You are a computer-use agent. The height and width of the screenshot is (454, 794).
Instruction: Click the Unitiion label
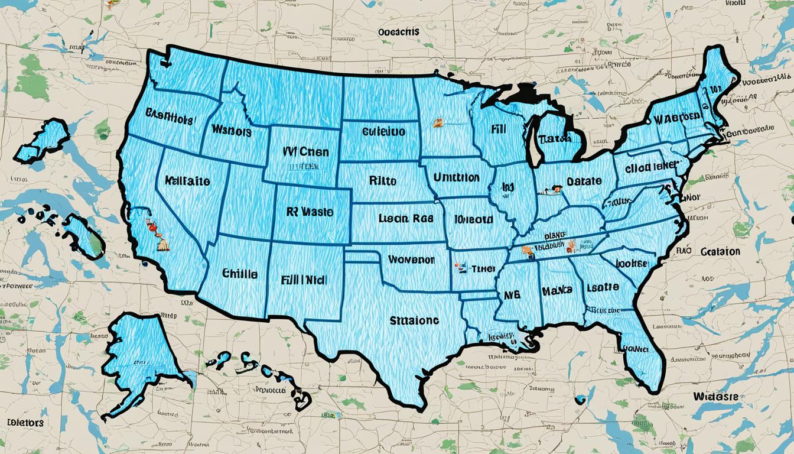coord(456,177)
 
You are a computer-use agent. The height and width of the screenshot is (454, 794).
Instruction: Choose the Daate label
coord(584,181)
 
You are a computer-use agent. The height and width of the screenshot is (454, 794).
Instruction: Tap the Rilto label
coord(382,180)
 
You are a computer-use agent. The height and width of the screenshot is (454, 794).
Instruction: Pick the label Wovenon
coord(411,260)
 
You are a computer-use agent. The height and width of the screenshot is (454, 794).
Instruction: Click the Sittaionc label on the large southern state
coord(414,320)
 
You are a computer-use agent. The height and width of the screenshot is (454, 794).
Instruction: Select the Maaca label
coord(557,290)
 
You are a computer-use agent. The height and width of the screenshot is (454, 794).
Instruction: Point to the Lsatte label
coord(603,287)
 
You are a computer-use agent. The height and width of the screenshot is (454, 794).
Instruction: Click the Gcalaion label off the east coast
coord(720,251)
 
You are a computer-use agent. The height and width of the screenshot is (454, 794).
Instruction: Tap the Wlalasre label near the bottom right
coord(716,396)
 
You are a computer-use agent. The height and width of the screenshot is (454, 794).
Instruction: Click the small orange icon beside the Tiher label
coord(457,267)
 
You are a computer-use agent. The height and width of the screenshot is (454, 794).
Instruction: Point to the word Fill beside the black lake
coord(501,127)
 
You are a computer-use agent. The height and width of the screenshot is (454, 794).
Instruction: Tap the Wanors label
coord(231,131)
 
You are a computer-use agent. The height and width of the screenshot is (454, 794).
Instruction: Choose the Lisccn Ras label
coord(401,218)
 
